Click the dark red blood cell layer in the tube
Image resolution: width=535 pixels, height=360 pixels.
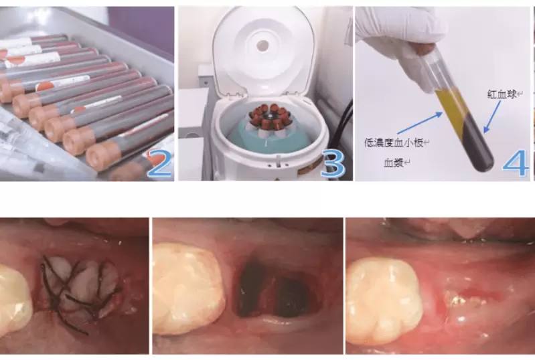(479, 147)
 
